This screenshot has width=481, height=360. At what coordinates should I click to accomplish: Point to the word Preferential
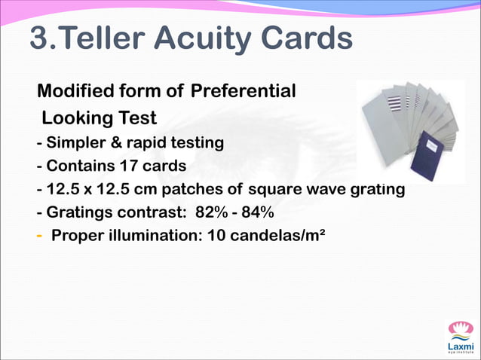[243, 92]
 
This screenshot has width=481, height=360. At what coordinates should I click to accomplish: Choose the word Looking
[73, 118]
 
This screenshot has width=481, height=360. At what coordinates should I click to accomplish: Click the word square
[274, 188]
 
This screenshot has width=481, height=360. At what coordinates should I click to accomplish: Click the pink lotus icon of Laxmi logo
[459, 329]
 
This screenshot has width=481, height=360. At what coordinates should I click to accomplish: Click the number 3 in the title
[39, 39]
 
